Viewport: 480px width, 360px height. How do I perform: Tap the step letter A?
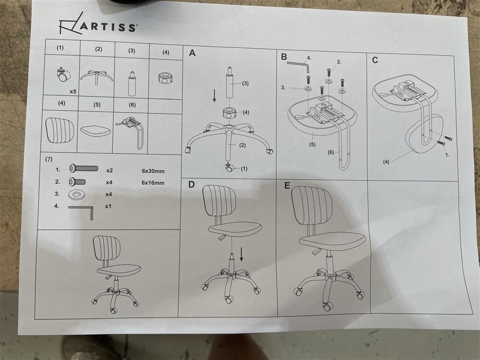pyautogui.click(x=192, y=53)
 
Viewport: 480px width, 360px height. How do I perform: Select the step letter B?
pyautogui.click(x=284, y=57)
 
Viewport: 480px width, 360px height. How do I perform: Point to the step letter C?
pyautogui.click(x=375, y=60)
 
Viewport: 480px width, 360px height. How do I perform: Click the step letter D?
pyautogui.click(x=192, y=184)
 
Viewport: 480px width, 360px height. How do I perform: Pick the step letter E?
pyautogui.click(x=287, y=185)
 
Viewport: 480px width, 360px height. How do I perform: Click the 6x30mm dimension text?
pyautogui.click(x=153, y=171)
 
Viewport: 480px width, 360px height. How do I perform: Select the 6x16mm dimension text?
pyautogui.click(x=153, y=183)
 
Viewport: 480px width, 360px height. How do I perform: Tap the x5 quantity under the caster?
pyautogui.click(x=73, y=92)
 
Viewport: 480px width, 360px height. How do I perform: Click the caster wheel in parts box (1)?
pyautogui.click(x=63, y=75)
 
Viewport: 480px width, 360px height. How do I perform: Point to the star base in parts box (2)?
pyautogui.click(x=97, y=76)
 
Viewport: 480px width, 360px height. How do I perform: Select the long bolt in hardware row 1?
pyautogui.click(x=84, y=168)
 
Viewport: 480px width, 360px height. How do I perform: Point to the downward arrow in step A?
pyautogui.click(x=215, y=96)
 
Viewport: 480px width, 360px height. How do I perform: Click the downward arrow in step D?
pyautogui.click(x=241, y=254)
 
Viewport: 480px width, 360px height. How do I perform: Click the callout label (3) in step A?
pyautogui.click(x=245, y=83)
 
